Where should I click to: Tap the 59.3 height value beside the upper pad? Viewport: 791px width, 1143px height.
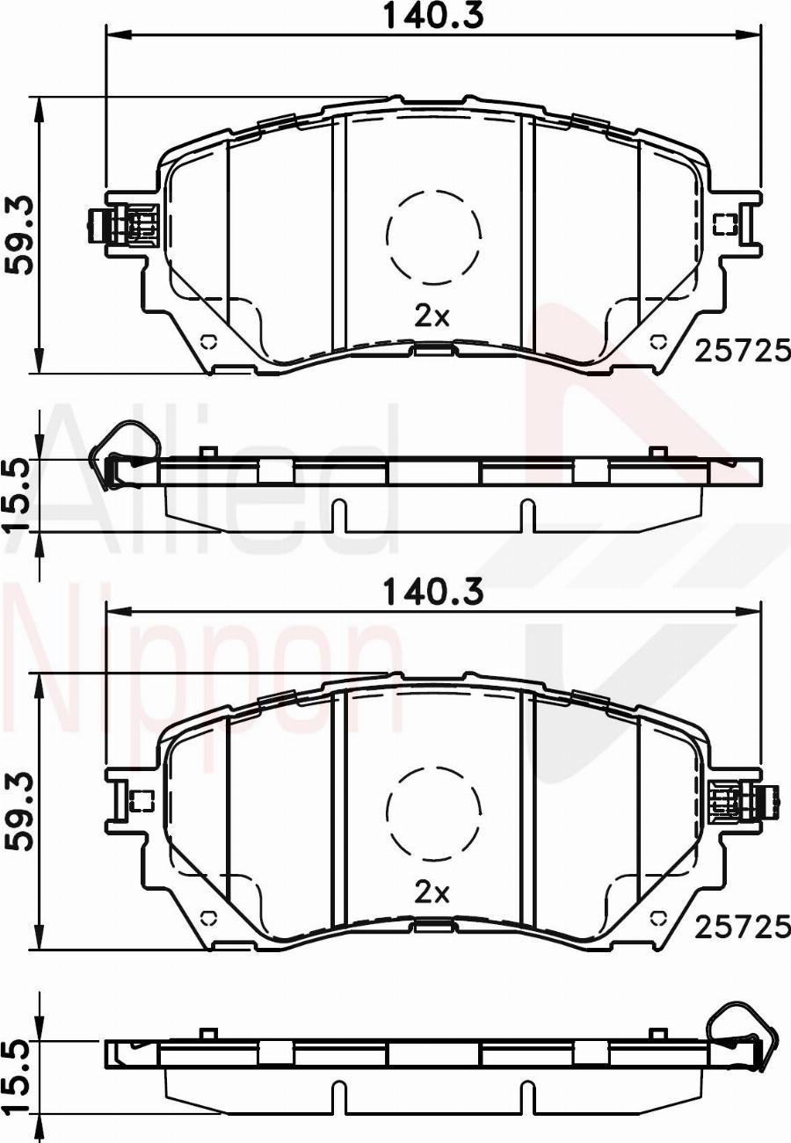(x=19, y=236)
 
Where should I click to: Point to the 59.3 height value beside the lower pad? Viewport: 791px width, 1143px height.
(x=19, y=812)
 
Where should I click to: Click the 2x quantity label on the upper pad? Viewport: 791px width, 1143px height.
(x=432, y=317)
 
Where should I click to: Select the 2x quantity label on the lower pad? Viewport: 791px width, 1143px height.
(x=432, y=893)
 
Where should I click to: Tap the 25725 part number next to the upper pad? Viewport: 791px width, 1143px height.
(x=742, y=351)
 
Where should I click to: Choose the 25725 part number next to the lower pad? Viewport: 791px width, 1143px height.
(x=742, y=926)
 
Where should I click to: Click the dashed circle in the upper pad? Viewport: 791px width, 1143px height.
(x=433, y=237)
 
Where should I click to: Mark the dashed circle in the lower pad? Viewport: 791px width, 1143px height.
(x=433, y=812)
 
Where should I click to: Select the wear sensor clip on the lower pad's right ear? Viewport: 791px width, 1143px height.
(x=743, y=801)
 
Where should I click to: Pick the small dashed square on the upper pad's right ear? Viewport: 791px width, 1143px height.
(x=724, y=224)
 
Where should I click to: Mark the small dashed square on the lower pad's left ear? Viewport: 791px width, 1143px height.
(x=141, y=800)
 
